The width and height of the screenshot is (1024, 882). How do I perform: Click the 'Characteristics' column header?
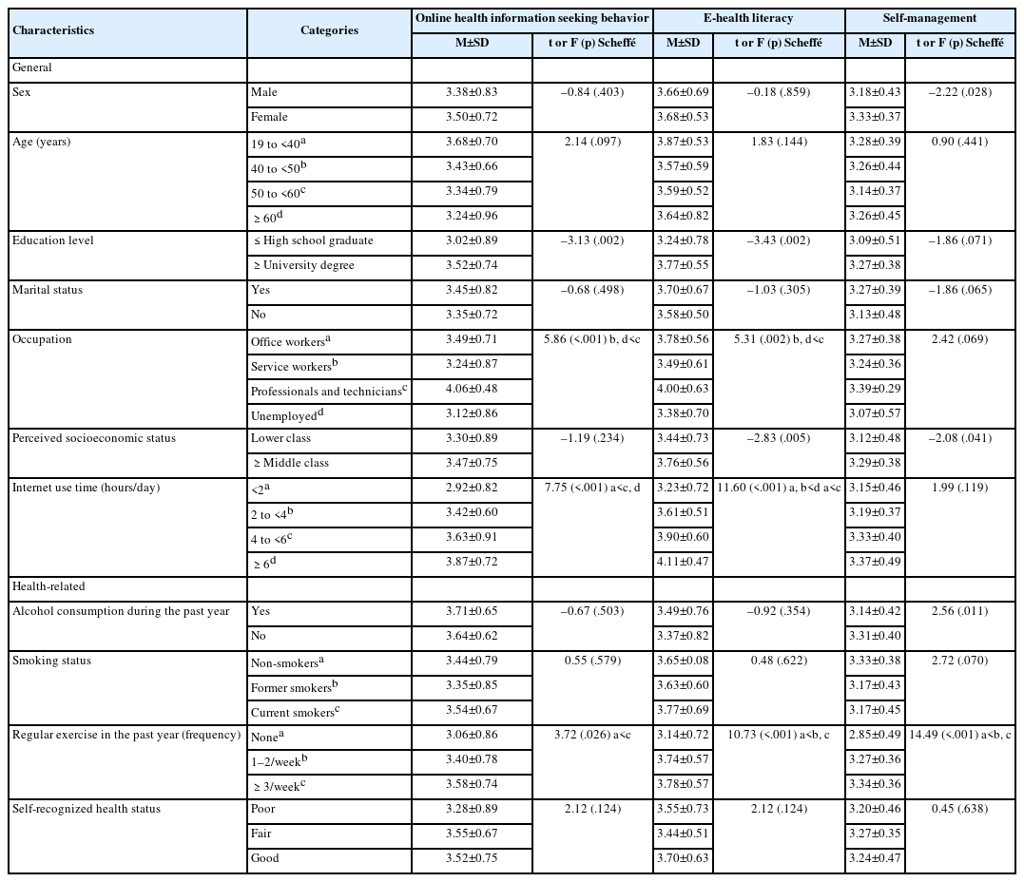point(53,30)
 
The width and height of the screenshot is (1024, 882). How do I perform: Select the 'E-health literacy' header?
point(749,18)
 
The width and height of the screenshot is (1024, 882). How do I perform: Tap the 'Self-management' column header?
point(935,18)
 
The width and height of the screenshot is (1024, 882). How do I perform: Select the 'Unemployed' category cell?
point(285,415)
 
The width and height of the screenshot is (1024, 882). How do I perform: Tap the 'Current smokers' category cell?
point(293,711)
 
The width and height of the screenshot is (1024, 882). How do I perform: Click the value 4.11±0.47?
point(683,562)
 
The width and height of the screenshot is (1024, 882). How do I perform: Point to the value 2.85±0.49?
point(875,735)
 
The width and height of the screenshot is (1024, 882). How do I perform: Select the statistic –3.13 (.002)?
point(592,240)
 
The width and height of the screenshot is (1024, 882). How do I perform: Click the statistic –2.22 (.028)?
point(962,92)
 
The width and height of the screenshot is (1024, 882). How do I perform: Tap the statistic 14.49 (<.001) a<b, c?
point(962,735)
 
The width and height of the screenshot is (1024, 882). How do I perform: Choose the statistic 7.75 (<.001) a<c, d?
point(592,488)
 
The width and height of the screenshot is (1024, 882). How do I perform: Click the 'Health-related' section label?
point(48,586)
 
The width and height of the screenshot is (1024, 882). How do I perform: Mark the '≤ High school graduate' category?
point(312,240)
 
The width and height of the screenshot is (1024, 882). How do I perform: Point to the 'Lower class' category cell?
point(280,438)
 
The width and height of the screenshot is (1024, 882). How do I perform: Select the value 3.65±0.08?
point(683,661)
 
